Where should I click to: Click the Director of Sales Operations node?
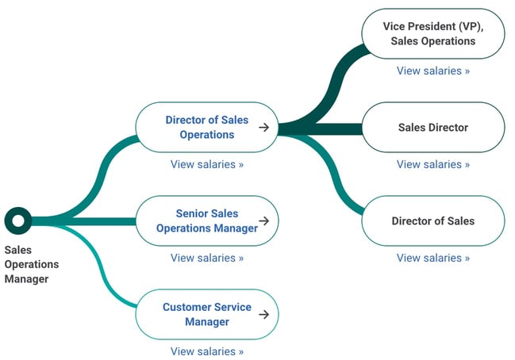coord(207,128)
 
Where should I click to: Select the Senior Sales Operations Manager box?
coord(207,221)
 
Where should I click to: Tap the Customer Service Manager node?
coord(207,314)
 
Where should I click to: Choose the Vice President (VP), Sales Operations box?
coord(433,34)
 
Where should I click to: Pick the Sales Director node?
coord(433,128)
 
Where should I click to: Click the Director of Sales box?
coord(433,221)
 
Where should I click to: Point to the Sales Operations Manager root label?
coord(32,265)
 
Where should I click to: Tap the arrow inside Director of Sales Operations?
coord(263,128)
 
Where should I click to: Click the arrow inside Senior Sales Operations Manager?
coord(263,221)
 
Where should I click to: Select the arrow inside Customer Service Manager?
coord(263,314)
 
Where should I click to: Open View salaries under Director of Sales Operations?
coord(207,164)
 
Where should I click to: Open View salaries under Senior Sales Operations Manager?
coord(207,258)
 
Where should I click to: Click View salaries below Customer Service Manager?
coord(207,351)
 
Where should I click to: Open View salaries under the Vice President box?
coord(433,71)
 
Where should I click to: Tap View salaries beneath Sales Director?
coord(433,164)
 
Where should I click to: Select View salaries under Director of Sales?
coord(433,258)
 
